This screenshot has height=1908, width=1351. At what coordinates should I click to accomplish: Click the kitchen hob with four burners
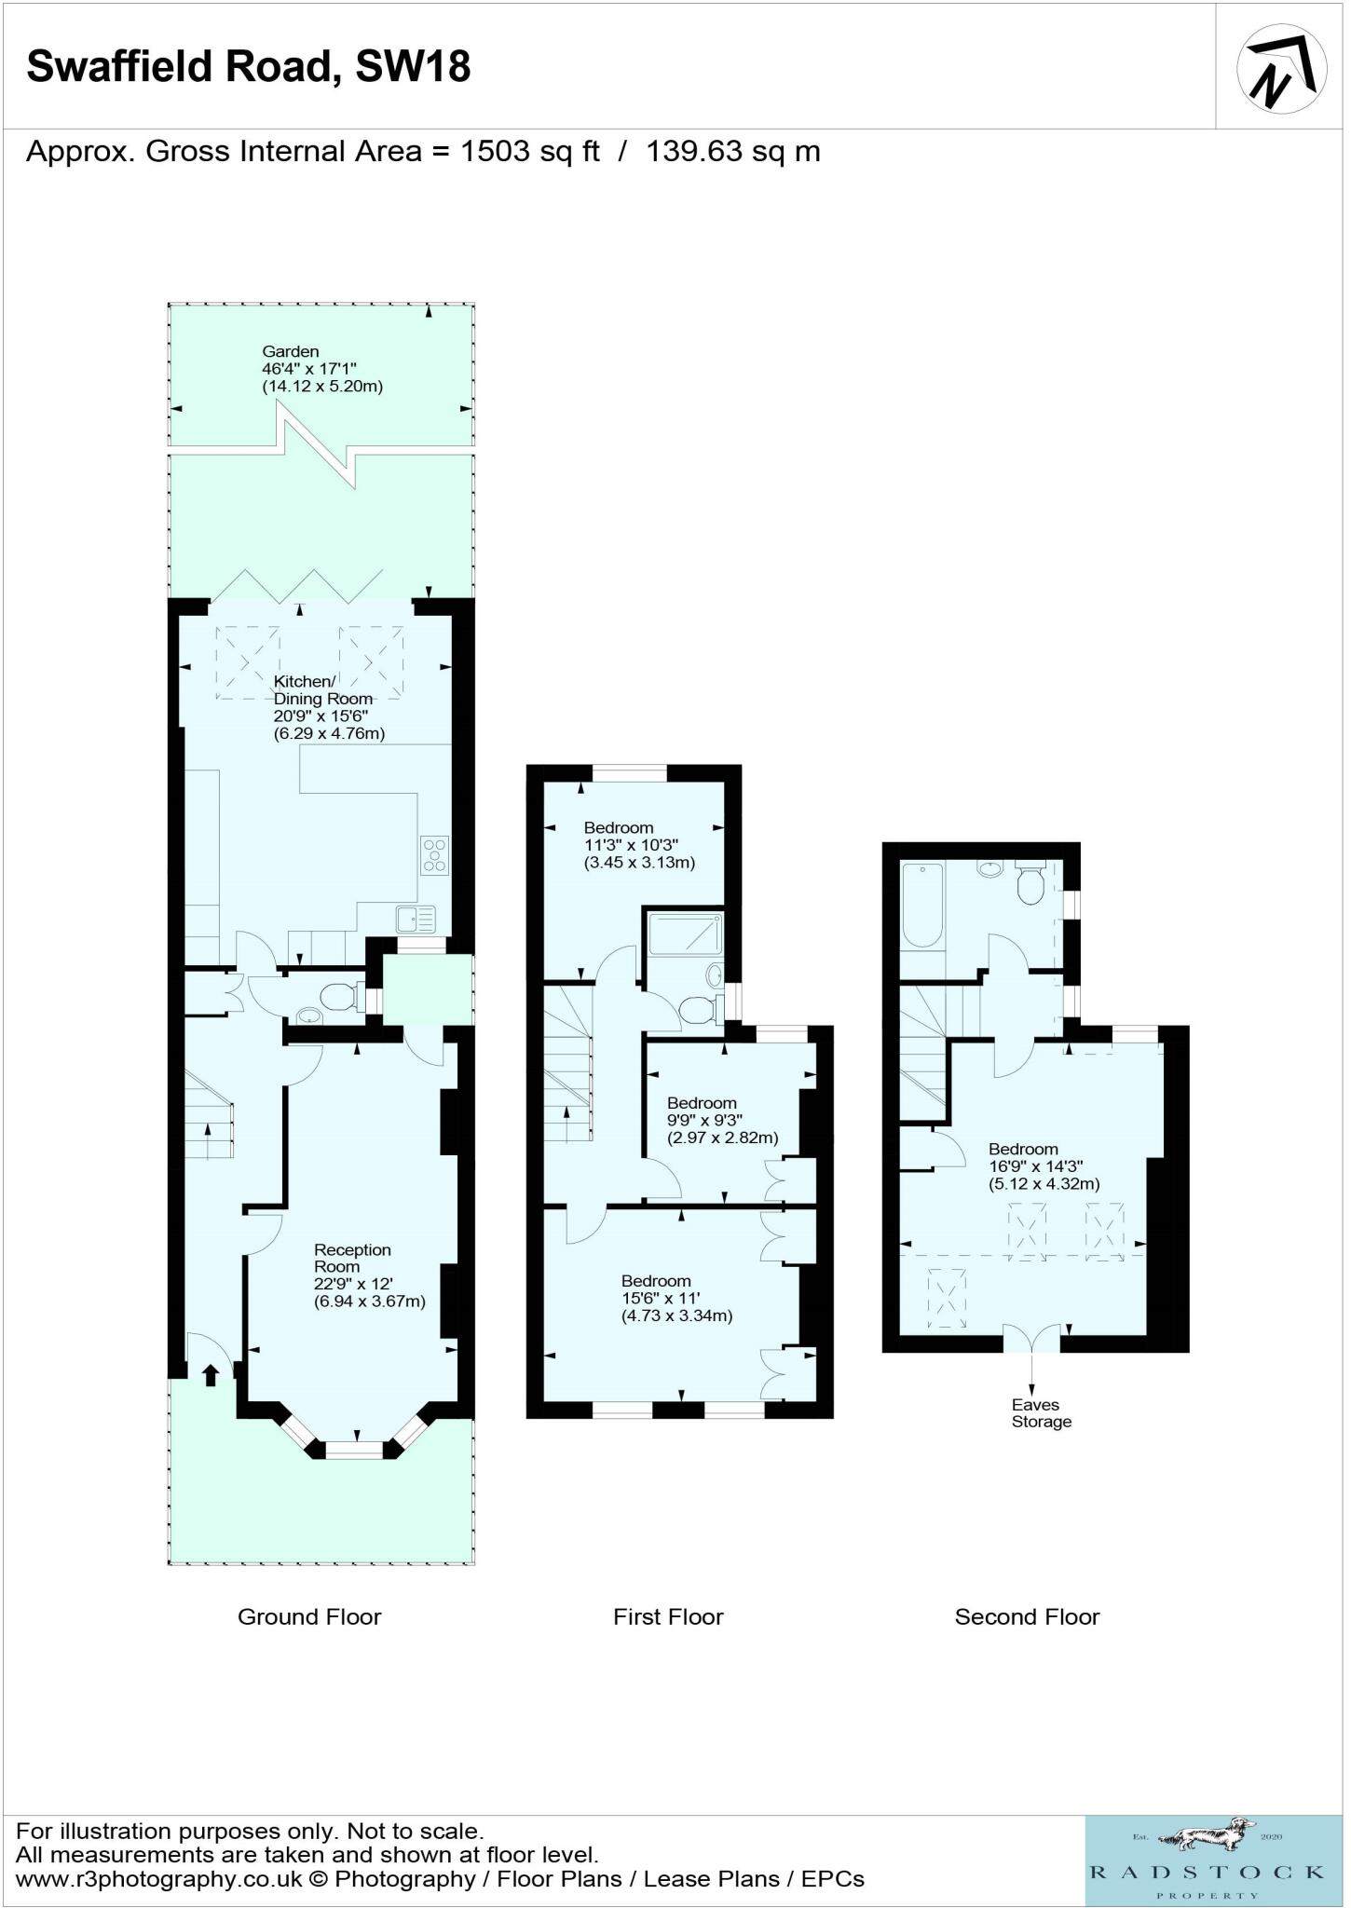tap(435, 855)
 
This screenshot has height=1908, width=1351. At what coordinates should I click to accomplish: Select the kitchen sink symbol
tap(416, 920)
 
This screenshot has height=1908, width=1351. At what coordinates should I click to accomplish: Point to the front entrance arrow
tap(211, 1374)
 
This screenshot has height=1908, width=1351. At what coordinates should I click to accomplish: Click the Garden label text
tap(291, 351)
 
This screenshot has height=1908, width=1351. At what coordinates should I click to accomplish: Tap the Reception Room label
tap(352, 1258)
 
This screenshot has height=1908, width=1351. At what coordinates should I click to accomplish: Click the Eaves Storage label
tap(1042, 1413)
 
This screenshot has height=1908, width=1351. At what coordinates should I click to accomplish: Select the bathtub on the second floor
tap(922, 904)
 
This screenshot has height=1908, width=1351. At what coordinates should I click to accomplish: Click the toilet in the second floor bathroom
tap(1030, 883)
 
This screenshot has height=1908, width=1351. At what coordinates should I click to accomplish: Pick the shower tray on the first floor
tap(685, 933)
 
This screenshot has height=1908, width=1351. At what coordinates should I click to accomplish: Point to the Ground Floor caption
tap(309, 1616)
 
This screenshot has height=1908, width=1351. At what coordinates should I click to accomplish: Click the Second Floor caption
tap(1027, 1616)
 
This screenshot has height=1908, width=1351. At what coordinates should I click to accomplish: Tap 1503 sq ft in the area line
tap(530, 151)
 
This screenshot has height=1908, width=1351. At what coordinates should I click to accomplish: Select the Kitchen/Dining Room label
tap(322, 690)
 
